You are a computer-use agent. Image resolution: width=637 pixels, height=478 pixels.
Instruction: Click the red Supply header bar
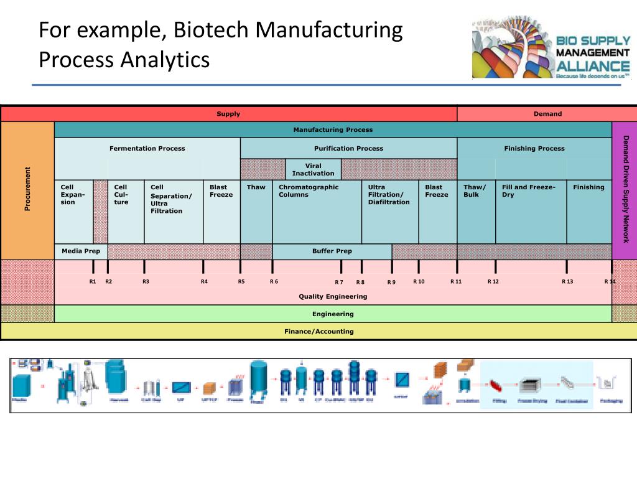click(x=228, y=114)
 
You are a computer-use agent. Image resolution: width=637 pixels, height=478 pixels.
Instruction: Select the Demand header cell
click(x=547, y=114)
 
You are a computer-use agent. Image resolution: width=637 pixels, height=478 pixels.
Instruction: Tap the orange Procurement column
click(x=27, y=190)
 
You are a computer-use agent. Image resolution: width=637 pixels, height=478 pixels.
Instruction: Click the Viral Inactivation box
click(x=313, y=170)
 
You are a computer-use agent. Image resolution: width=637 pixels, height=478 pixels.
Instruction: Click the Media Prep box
click(x=81, y=251)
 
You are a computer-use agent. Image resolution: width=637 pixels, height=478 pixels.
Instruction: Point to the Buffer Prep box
click(x=332, y=251)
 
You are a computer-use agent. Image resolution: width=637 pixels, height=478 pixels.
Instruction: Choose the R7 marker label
click(x=339, y=282)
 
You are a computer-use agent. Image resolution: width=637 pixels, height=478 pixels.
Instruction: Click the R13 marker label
click(x=567, y=281)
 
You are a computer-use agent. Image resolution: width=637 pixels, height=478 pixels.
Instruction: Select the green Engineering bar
click(x=333, y=314)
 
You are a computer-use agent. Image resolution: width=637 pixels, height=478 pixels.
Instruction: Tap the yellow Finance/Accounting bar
click(x=318, y=331)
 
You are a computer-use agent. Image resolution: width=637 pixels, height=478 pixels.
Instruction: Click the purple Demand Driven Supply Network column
click(x=625, y=190)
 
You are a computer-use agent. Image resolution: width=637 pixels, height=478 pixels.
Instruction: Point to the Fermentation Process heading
click(x=147, y=148)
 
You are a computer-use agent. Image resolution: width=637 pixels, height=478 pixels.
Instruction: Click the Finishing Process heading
click(x=534, y=148)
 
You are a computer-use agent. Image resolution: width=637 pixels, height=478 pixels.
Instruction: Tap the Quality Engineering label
click(x=333, y=296)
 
